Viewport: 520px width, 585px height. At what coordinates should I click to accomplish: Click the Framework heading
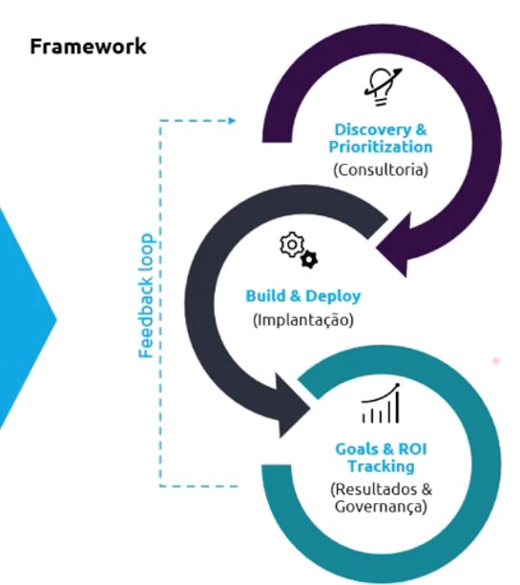pyautogui.click(x=88, y=47)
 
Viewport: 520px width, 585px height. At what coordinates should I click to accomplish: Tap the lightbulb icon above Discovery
pyautogui.click(x=383, y=87)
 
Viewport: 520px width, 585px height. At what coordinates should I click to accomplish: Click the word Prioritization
pyautogui.click(x=381, y=147)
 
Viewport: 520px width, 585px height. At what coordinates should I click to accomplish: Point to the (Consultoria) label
pyautogui.click(x=381, y=170)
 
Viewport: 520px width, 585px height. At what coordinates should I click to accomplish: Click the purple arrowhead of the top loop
pyautogui.click(x=396, y=244)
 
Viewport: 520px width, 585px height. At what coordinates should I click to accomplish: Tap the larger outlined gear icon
pyautogui.click(x=292, y=244)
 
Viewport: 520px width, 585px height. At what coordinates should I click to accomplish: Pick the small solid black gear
pyautogui.click(x=310, y=259)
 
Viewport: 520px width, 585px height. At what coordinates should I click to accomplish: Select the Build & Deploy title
pyautogui.click(x=303, y=296)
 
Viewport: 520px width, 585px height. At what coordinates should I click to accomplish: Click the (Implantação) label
pyautogui.click(x=303, y=320)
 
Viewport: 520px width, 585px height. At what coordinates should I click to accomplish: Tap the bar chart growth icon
pyautogui.click(x=381, y=403)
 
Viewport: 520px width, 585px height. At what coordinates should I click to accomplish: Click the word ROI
pyautogui.click(x=412, y=449)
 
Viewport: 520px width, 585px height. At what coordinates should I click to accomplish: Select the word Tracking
pyautogui.click(x=381, y=466)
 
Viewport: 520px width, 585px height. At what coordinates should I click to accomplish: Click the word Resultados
pyautogui.click(x=375, y=490)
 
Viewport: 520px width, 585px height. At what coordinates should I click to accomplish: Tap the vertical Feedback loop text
pyautogui.click(x=146, y=295)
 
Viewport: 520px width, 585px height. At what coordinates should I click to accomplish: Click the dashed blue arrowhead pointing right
pyautogui.click(x=232, y=120)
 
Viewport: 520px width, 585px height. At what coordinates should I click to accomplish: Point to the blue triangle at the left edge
pyautogui.click(x=27, y=319)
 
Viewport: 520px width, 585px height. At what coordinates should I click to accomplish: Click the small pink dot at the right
pyautogui.click(x=496, y=361)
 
